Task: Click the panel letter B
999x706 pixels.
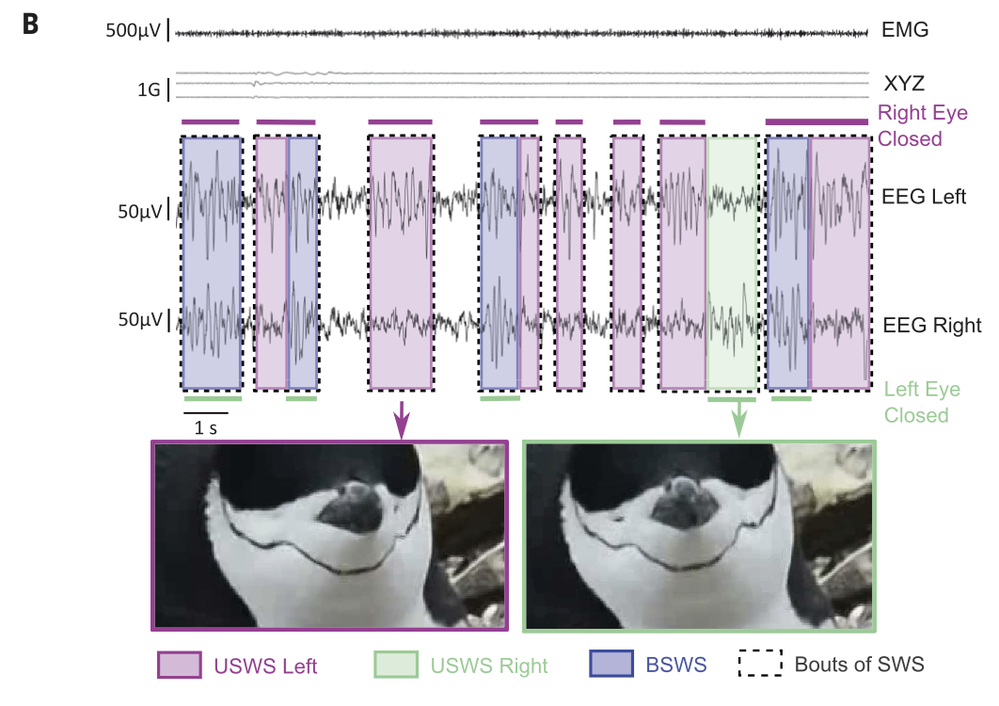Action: tap(31, 24)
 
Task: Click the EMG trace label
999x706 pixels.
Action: tap(905, 30)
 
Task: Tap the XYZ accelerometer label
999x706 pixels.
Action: tap(904, 84)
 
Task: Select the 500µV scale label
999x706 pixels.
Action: tap(134, 31)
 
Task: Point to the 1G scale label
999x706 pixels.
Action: tap(149, 90)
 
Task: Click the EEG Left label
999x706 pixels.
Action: tap(924, 197)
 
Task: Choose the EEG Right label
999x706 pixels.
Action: tap(932, 326)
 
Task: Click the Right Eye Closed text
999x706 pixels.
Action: tap(923, 125)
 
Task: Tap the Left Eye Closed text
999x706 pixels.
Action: tap(922, 403)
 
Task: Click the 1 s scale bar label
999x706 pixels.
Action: tap(205, 428)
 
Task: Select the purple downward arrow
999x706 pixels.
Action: tap(402, 420)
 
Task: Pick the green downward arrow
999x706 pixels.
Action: tap(738, 418)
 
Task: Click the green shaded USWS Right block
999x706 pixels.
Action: tap(732, 263)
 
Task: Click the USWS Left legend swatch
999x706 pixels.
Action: tap(180, 665)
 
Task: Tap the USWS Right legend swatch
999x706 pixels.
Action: tap(396, 665)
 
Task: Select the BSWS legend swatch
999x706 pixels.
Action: tap(611, 664)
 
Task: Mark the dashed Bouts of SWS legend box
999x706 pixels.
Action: tap(760, 664)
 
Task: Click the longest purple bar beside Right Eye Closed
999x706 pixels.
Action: tap(817, 121)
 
